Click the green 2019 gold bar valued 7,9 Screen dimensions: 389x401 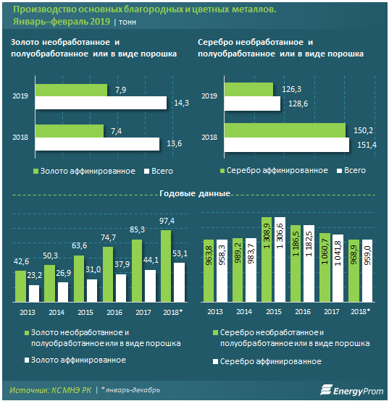pos(71,90)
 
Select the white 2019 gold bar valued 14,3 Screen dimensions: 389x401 pos(101,103)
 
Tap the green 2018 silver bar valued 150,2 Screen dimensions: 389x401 pos(285,130)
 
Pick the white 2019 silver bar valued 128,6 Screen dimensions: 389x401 pos(252,104)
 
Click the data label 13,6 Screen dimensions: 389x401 pos(175,143)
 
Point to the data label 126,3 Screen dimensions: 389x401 pos(291,89)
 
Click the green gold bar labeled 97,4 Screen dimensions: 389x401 pos(166,266)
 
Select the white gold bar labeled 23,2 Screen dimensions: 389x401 pos(34,294)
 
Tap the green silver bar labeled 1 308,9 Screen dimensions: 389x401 pos(267,260)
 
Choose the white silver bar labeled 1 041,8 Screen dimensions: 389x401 pos(338,269)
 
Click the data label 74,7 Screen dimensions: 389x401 pos(108,237)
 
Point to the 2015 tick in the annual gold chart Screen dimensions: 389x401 pos(85,312)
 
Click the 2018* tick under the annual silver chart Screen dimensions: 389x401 pos(360,311)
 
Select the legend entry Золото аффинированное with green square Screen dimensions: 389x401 pos(85,171)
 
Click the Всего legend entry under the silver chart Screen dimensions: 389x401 pos(351,171)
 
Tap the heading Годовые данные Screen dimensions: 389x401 pos(195,193)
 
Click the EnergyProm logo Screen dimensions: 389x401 pos(352,390)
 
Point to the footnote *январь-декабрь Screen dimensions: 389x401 pos(130,390)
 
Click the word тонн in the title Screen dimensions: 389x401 pos(127,22)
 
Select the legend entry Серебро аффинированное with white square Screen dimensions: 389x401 pos(267,362)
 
